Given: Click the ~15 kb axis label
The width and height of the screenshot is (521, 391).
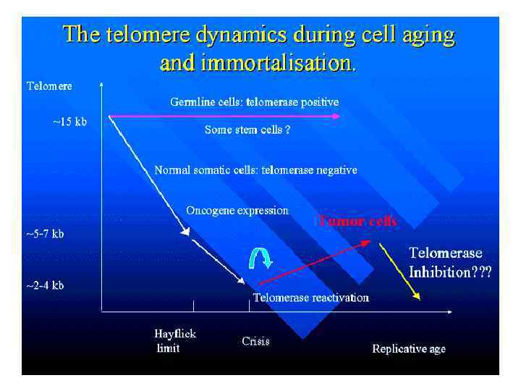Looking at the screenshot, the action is pos(69,122).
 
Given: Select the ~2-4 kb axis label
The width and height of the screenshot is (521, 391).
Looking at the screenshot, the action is pos(45,285).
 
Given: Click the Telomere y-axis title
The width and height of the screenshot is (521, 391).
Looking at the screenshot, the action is pos(49,85).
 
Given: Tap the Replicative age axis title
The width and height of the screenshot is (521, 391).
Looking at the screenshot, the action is pos(409,349).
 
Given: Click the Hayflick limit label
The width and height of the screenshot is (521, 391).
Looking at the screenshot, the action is pos(175,341).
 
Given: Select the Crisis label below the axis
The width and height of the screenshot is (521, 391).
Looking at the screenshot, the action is pos(255,341).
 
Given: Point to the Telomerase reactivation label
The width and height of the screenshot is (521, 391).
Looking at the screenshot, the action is pos(311,298).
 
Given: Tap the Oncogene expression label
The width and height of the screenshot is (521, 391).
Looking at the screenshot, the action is pos(237,211).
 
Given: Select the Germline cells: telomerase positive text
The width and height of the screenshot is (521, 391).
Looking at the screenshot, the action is pos(255,102).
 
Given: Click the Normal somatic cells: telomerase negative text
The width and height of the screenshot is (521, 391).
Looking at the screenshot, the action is pos(255,170).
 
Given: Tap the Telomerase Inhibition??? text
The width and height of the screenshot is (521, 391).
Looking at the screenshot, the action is pos(450,263).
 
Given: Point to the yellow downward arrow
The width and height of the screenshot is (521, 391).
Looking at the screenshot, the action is pos(400,271).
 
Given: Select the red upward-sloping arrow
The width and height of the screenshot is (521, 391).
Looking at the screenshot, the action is pos(315,263).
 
